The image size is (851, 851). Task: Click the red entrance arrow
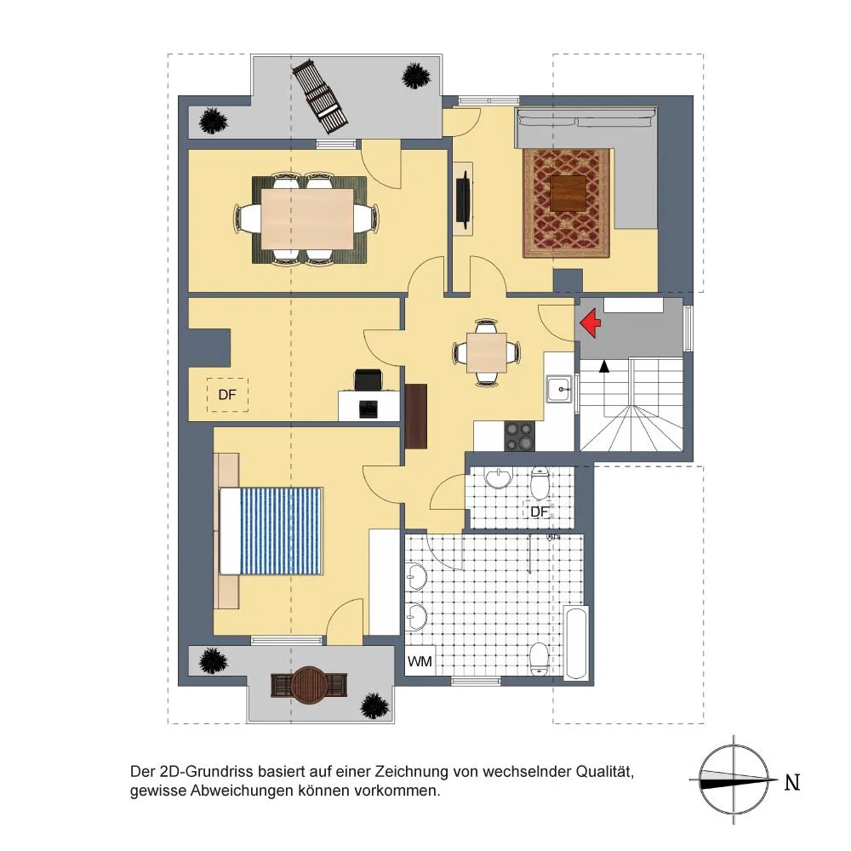tap(591, 323)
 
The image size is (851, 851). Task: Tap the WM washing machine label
tap(420, 661)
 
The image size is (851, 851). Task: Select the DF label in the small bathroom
tap(539, 511)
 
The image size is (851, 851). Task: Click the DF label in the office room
tap(227, 395)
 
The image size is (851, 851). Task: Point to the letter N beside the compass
tap(792, 782)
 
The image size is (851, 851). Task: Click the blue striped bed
tap(271, 531)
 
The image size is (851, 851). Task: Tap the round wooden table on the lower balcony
tap(308, 685)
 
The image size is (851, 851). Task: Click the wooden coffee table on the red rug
tap(568, 193)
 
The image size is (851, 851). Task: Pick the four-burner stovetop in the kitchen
tap(519, 437)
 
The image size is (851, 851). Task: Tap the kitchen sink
tap(559, 389)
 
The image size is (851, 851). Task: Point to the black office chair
tap(367, 380)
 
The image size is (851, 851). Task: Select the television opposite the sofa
tap(463, 198)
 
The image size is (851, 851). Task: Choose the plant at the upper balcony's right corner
tap(416, 76)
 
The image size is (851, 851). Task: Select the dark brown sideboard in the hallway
tap(416, 416)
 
